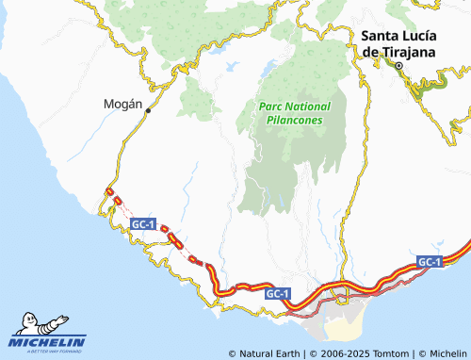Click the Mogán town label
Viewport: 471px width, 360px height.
122,106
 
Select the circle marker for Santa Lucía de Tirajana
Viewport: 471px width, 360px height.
398,67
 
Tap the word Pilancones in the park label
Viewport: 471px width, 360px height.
291,121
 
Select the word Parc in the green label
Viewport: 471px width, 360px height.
271,106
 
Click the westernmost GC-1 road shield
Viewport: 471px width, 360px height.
143,224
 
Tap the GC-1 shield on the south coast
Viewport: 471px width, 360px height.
278,294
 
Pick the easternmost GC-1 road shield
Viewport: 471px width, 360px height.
430,261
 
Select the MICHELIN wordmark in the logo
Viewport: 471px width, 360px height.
49,342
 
